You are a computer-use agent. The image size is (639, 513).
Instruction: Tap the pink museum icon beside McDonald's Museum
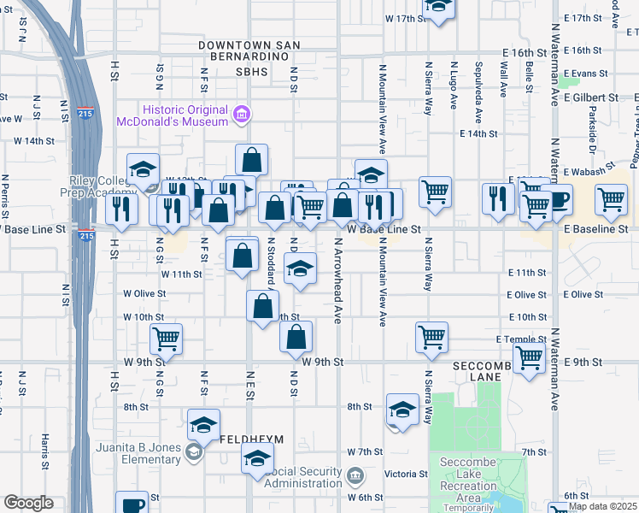242,115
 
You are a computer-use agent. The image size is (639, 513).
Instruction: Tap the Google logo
28,503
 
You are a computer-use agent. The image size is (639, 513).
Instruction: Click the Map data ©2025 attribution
602,506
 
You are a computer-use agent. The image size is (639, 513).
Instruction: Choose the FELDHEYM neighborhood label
251,439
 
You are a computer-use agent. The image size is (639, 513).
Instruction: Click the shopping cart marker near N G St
167,338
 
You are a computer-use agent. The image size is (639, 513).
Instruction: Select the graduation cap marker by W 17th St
439,7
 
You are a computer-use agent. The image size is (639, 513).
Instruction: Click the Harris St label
44,450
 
